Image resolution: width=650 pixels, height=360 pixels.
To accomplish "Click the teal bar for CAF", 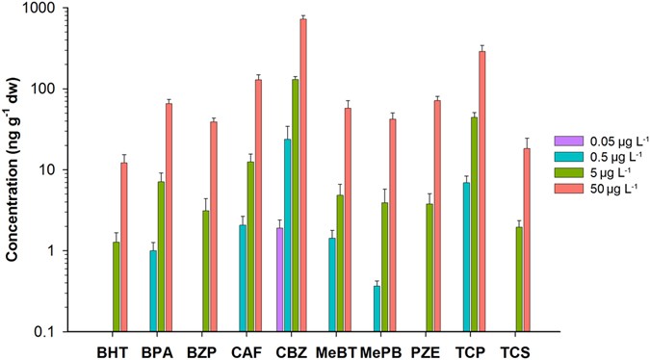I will coord(243,278).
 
